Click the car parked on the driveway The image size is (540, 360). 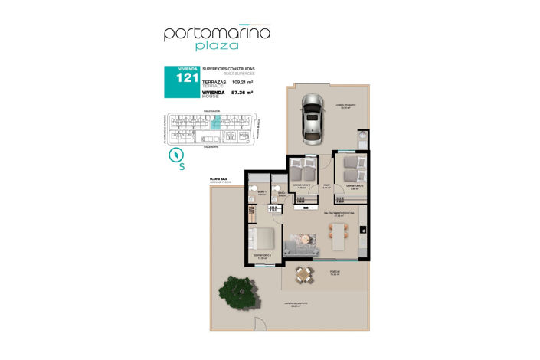(x=314, y=118)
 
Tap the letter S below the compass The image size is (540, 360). (x=181, y=166)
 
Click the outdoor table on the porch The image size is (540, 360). (x=304, y=273)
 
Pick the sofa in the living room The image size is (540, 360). (x=302, y=244)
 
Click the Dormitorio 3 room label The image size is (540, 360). (x=352, y=186)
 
